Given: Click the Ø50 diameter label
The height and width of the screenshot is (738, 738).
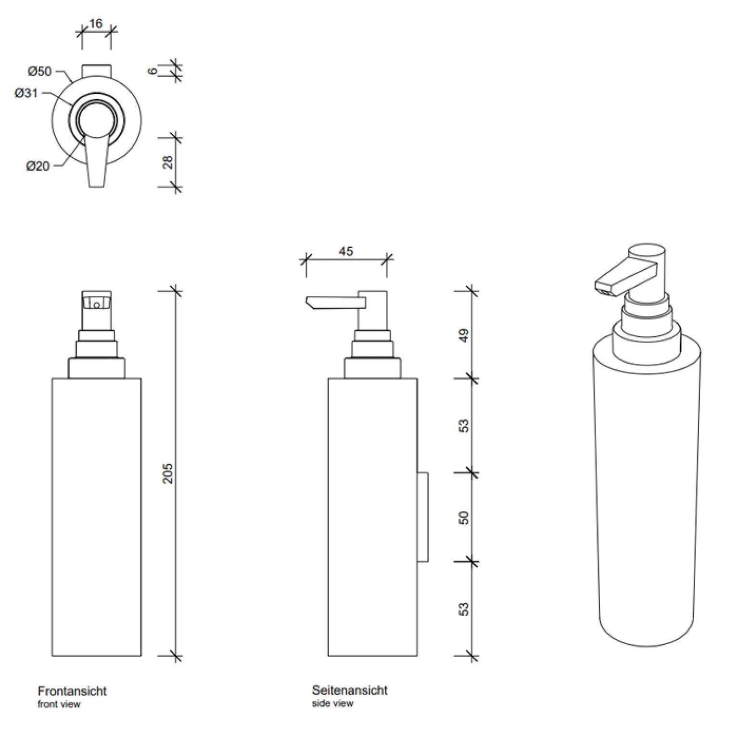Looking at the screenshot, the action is click(x=39, y=72).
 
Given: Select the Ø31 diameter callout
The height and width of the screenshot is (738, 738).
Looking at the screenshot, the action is click(x=26, y=93).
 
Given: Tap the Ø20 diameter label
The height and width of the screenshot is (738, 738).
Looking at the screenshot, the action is click(x=38, y=166).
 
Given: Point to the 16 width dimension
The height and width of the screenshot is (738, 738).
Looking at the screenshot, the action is click(x=96, y=23).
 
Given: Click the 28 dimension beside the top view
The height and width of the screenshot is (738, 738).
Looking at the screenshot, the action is click(x=168, y=162).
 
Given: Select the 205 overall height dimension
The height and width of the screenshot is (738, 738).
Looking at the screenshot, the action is click(x=167, y=473).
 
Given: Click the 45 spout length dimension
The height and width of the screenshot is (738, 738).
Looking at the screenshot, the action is click(x=346, y=251).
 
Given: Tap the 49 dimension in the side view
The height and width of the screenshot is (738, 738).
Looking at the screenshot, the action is click(x=464, y=335).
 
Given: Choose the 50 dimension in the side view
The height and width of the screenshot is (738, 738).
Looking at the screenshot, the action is click(x=464, y=518).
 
